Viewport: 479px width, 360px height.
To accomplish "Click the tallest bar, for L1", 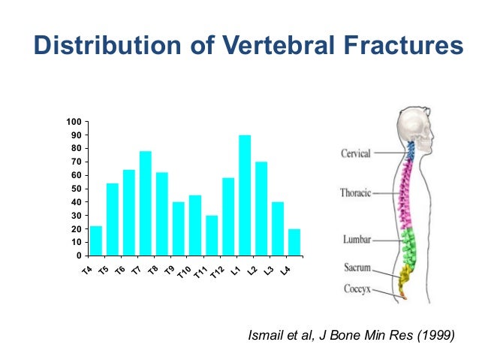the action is pos(245,195).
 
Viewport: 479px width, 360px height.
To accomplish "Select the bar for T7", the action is pos(146,204).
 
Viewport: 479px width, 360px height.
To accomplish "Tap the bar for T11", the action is pos(212,235).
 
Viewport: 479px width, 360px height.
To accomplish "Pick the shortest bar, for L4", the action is pos(294,242).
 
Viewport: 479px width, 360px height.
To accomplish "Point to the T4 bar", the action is pos(96,241).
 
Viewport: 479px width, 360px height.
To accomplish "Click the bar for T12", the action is pos(228,216).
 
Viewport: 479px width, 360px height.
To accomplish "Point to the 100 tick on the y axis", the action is pos(74,122).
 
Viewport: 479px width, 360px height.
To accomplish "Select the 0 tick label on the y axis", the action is pos(79,256).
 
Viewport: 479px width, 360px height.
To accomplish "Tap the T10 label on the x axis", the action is pos(184,272).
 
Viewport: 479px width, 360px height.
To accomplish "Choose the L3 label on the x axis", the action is pos(269,271).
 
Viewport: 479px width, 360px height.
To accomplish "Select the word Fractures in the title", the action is pos(403,45).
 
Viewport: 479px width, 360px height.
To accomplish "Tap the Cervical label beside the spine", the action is pos(356,153).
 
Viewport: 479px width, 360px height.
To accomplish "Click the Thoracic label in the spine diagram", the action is pos(356,193).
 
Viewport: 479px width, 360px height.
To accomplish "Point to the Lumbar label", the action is pos(357,240).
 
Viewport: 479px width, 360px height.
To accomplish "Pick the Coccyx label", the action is pos(357,289).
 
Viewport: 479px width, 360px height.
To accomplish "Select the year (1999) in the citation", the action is pos(436,335).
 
